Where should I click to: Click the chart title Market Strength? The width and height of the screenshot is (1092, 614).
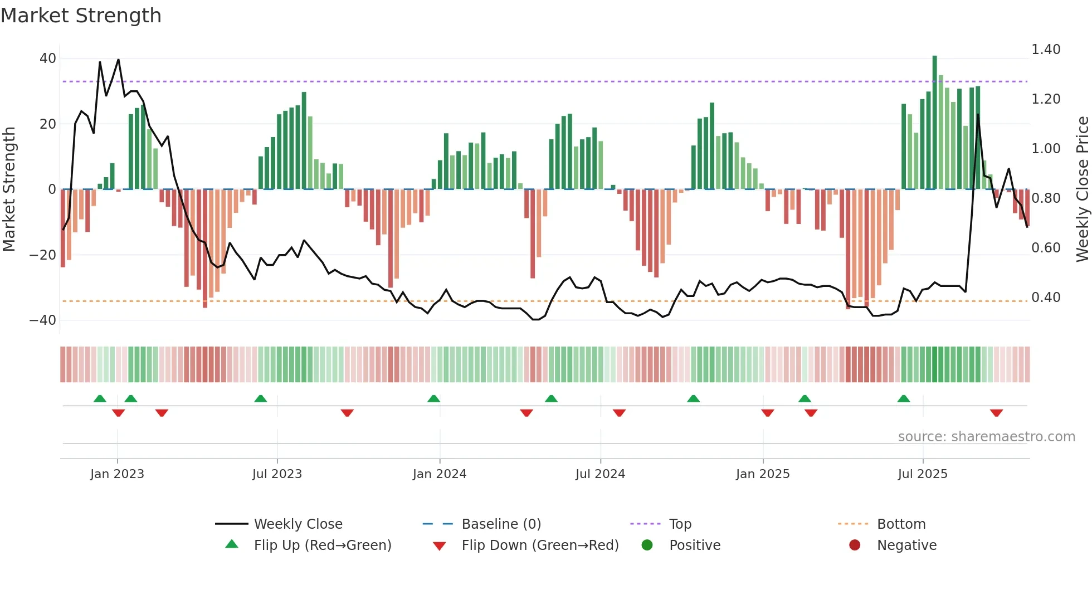tap(81, 16)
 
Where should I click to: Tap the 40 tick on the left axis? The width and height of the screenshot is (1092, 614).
tap(48, 59)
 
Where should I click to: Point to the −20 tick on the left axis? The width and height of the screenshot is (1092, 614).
tap(43, 255)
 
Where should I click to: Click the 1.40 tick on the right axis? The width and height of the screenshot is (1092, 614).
tap(1046, 50)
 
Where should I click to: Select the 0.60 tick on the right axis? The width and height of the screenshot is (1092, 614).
tap(1046, 248)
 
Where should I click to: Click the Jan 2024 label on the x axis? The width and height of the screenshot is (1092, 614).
tap(440, 474)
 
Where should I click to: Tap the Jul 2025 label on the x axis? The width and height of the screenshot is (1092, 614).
tap(923, 474)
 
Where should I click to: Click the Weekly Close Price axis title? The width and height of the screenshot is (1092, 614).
tap(1082, 189)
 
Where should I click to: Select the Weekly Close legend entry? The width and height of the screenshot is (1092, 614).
tap(298, 524)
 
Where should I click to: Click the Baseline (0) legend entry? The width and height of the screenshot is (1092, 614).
tap(501, 524)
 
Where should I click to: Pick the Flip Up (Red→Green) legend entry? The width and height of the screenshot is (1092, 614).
tap(323, 545)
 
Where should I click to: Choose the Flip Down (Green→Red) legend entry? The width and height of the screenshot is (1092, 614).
tap(540, 545)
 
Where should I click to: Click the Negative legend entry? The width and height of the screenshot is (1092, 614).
tap(906, 545)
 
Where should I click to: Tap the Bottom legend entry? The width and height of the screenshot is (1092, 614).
tap(901, 524)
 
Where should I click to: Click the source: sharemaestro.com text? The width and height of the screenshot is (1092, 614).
tap(986, 437)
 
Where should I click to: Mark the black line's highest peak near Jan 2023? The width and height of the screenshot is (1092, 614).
tap(118, 60)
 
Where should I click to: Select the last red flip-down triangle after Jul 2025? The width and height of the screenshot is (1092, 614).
tap(997, 413)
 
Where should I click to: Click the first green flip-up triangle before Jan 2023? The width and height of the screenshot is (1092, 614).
tap(100, 398)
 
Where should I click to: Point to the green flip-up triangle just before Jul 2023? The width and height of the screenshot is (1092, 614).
tap(261, 398)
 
